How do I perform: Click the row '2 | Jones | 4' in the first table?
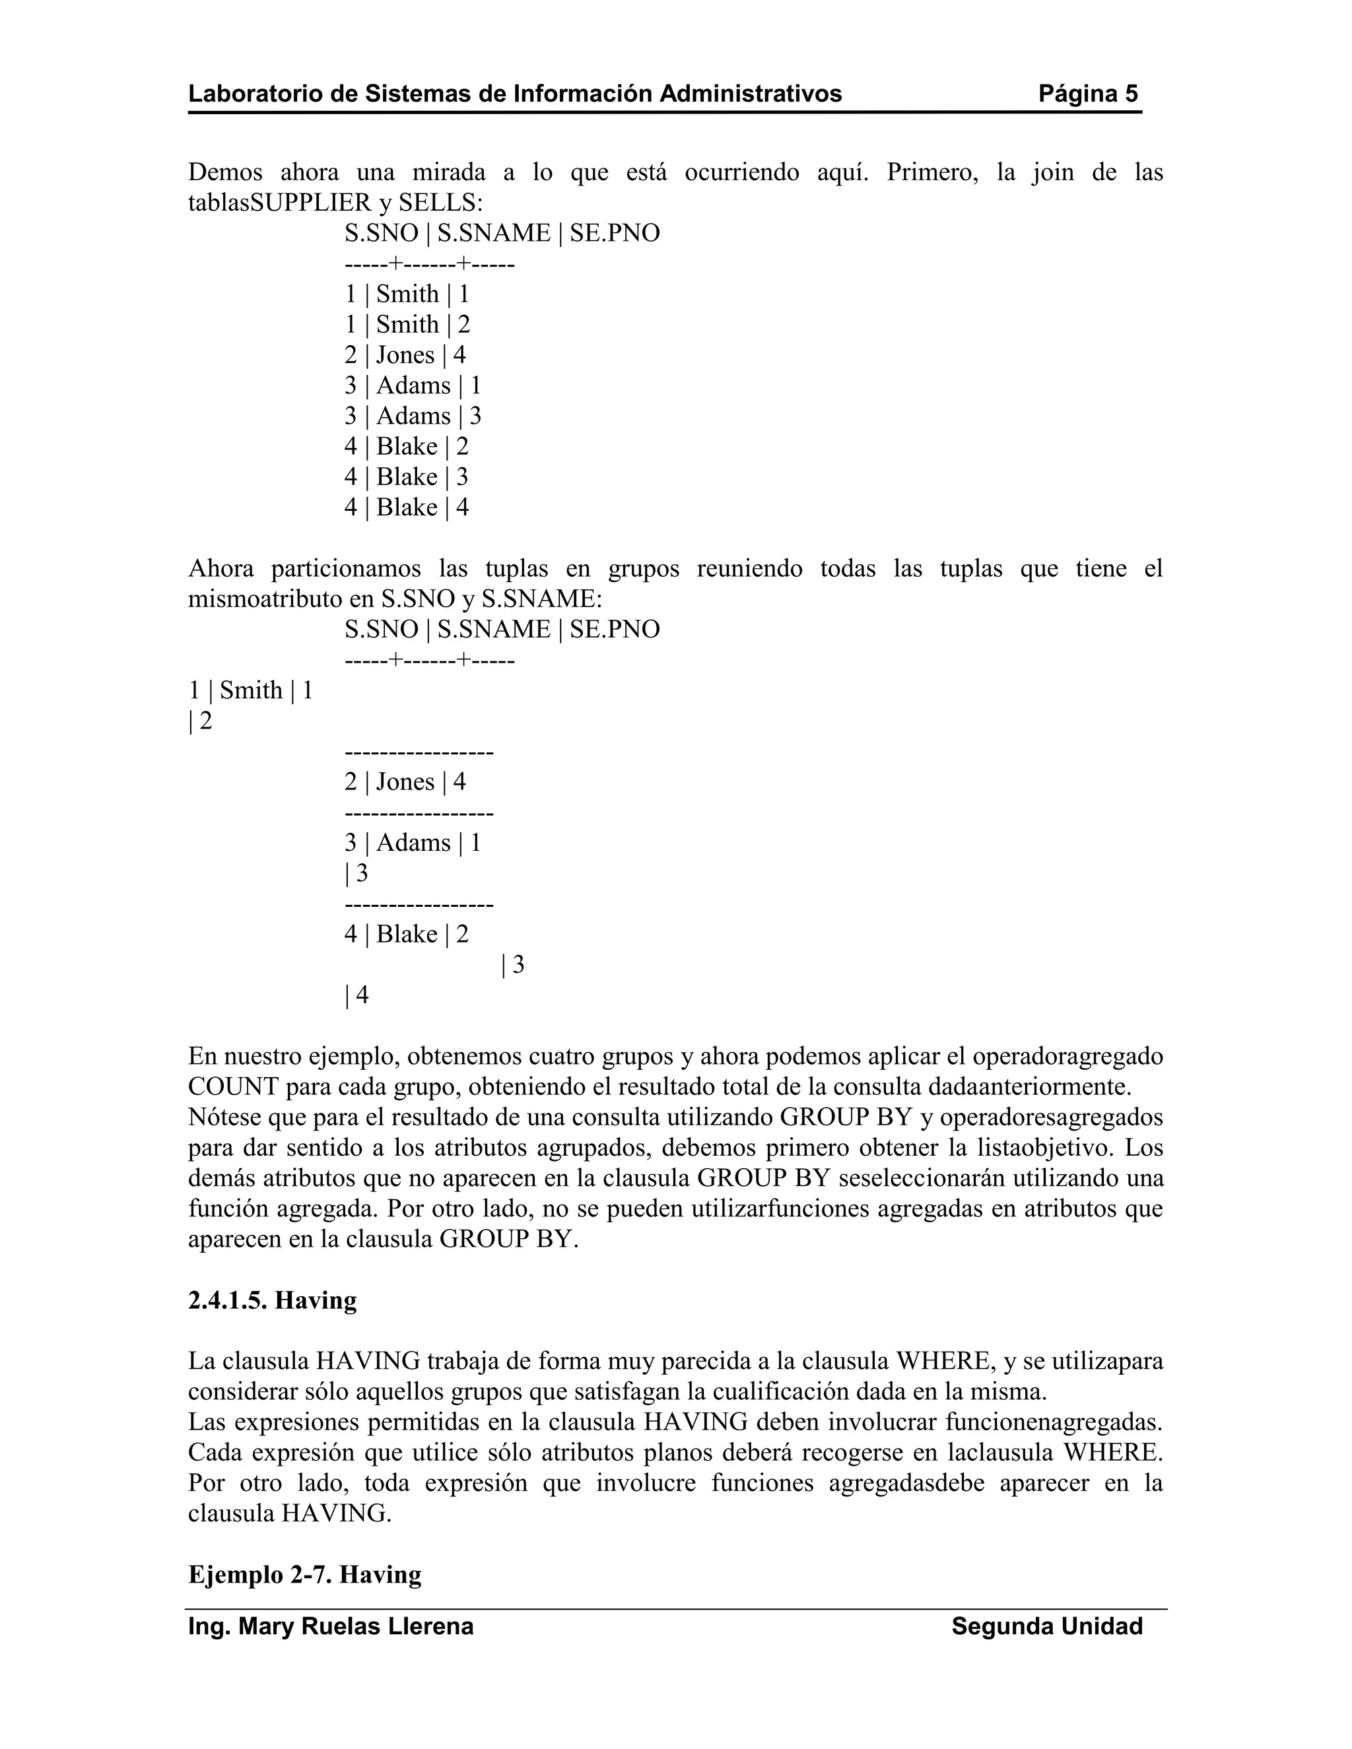tap(405, 356)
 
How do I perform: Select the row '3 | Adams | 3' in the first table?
tap(413, 416)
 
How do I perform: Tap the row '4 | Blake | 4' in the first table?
tap(406, 508)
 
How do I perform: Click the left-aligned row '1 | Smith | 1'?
tap(250, 690)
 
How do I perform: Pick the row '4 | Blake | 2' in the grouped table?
tap(406, 935)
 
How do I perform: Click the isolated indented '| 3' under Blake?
tap(512, 965)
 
